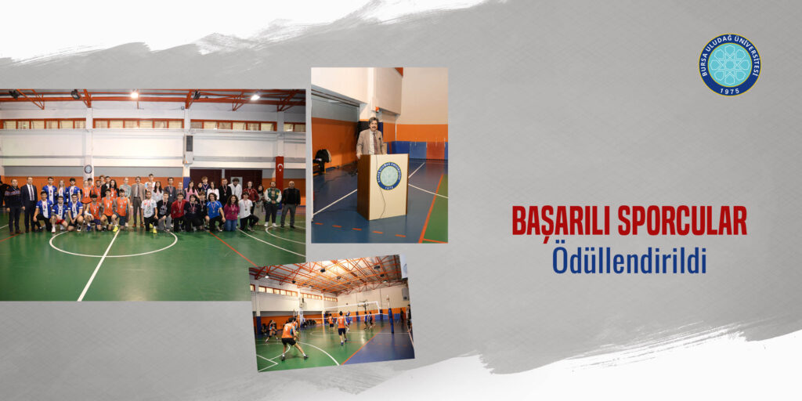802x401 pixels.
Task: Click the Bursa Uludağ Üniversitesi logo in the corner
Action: (729, 65)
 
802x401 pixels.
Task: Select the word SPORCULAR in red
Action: (682, 220)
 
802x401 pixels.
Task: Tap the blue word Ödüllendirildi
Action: (629, 261)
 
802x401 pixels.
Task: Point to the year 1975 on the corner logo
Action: (730, 89)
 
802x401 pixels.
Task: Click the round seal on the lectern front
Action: (389, 176)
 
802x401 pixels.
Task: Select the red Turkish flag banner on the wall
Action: (280, 172)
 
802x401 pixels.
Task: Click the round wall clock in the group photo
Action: (88, 169)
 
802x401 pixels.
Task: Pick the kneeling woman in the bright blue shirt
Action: (213, 211)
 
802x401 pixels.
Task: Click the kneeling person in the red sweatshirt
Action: (179, 212)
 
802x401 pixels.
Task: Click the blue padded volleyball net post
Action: (392, 320)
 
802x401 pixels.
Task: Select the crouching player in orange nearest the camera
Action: (291, 338)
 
